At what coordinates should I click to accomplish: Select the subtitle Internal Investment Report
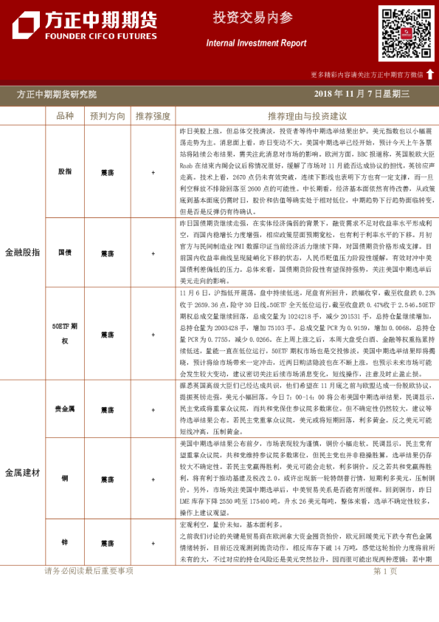click(x=256, y=44)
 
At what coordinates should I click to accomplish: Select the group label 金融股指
click(x=23, y=252)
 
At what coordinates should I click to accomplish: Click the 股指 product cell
click(x=65, y=171)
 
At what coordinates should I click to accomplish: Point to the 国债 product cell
click(x=65, y=253)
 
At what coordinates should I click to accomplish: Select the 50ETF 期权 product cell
click(x=65, y=330)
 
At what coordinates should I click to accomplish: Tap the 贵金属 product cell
click(x=65, y=408)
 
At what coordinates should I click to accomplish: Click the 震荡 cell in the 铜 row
click(x=107, y=478)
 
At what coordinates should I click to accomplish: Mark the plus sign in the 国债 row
click(x=153, y=253)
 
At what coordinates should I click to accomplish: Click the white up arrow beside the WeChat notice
click(x=430, y=74)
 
